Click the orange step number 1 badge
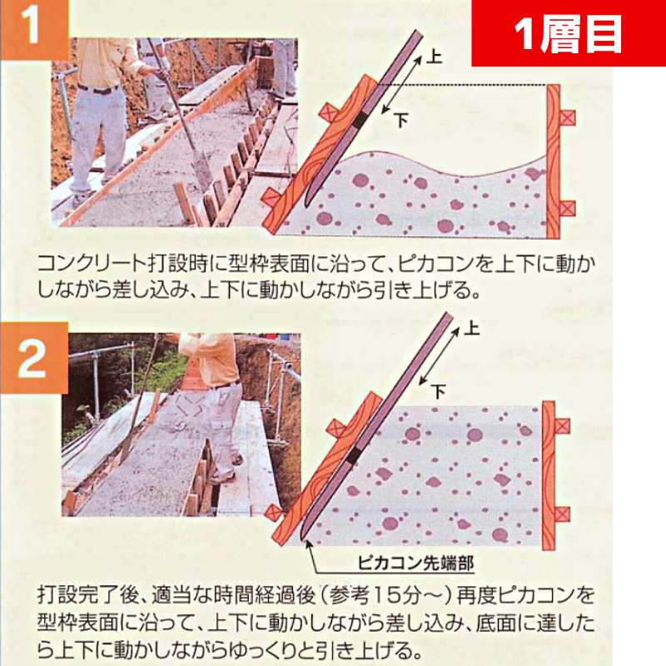point(34,29)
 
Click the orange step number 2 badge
point(34,358)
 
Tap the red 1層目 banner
point(569,33)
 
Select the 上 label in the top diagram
point(434,57)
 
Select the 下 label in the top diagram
point(401,120)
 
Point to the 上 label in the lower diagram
point(471,328)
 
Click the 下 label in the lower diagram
point(439,390)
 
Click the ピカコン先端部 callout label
point(415,564)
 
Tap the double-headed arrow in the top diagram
point(401,85)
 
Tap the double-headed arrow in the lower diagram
point(440,356)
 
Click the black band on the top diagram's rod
point(360,121)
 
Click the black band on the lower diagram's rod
point(353,455)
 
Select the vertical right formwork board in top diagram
point(553,162)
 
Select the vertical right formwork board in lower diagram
point(549,475)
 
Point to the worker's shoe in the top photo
point(79,199)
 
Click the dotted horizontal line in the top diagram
point(461,86)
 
